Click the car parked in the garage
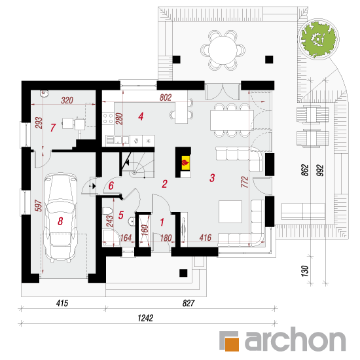(x=60, y=218)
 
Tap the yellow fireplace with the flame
(x=185, y=163)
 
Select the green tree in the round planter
(x=318, y=39)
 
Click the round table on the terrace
(x=223, y=50)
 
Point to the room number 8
(x=60, y=221)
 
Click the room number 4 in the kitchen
(x=141, y=117)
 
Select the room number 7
(x=53, y=128)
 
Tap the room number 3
(x=212, y=177)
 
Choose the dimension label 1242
(x=145, y=318)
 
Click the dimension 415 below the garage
(x=62, y=303)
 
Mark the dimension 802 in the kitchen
(x=166, y=98)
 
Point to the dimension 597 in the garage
(x=39, y=206)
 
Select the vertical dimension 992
(x=320, y=170)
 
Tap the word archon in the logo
(x=295, y=339)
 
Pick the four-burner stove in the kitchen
(x=108, y=118)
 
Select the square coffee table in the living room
(x=230, y=211)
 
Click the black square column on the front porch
(x=183, y=273)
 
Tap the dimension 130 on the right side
(x=304, y=271)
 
